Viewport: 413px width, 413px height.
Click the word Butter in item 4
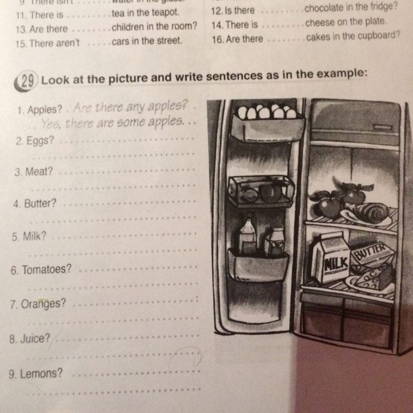(x=42, y=204)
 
